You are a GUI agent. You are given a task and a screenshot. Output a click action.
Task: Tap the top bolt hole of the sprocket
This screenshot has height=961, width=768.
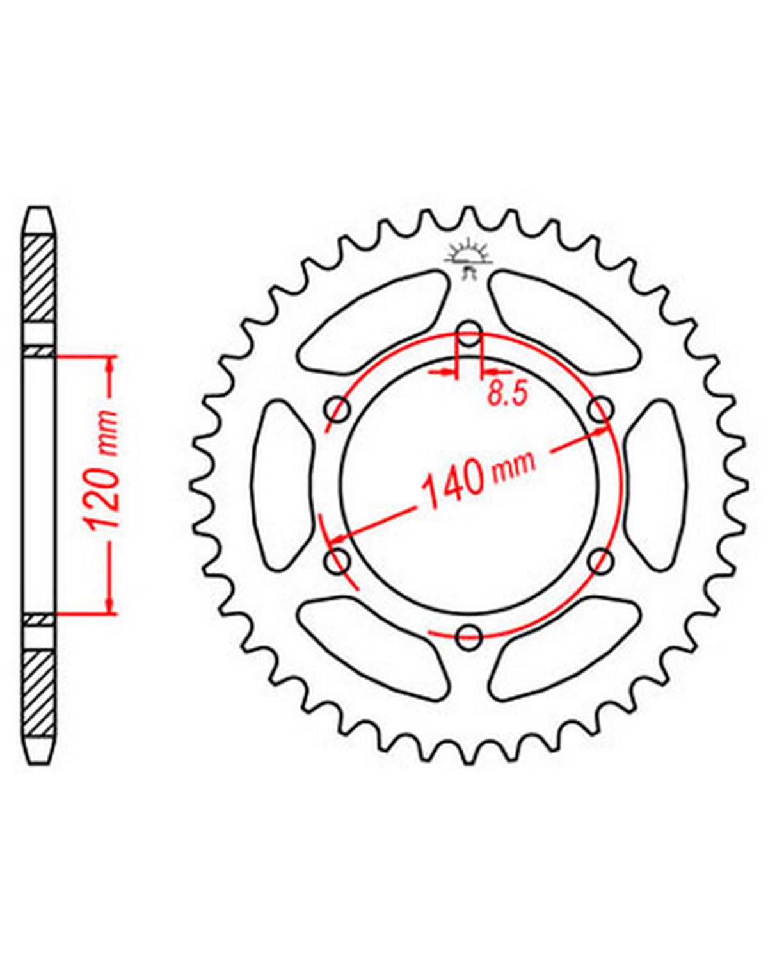point(468,334)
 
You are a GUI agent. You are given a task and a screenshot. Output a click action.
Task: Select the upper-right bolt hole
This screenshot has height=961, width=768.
point(601,409)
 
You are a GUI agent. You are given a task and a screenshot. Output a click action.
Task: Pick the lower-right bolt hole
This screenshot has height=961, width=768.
point(601,561)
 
